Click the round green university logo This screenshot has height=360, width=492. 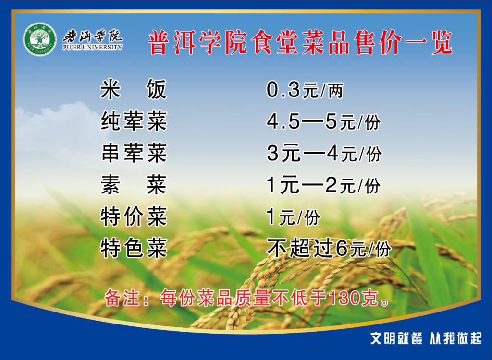40,39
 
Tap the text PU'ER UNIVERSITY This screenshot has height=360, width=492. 92,48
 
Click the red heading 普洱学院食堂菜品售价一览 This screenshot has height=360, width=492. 300,42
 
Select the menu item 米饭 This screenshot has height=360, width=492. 134,89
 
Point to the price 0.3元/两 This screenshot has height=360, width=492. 305,90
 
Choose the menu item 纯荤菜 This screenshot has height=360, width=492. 134,121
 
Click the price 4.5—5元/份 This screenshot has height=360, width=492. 323,121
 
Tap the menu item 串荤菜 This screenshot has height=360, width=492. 134,153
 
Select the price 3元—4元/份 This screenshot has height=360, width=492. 324,154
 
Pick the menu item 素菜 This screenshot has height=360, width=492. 134,185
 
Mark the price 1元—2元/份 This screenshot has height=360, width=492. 323,185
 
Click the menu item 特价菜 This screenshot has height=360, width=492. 134,216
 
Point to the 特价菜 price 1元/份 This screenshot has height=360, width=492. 293,217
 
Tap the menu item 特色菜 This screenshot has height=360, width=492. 134,248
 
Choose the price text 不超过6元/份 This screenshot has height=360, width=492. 329,248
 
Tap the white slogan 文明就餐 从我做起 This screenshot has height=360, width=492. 426,338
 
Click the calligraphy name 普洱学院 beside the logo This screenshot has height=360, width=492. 92,36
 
